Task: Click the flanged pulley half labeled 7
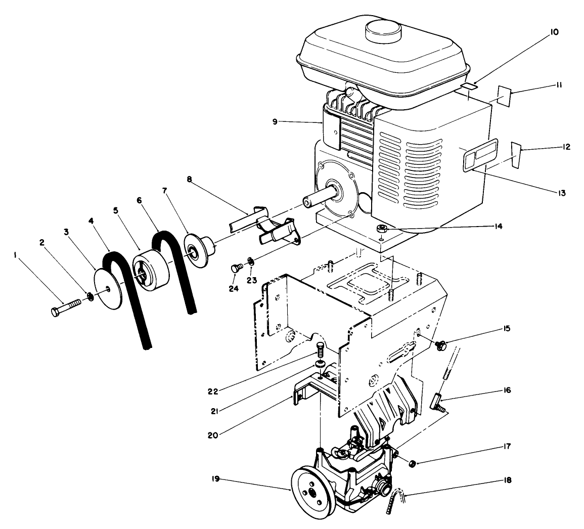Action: click(198, 250)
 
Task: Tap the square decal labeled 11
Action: click(504, 95)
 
